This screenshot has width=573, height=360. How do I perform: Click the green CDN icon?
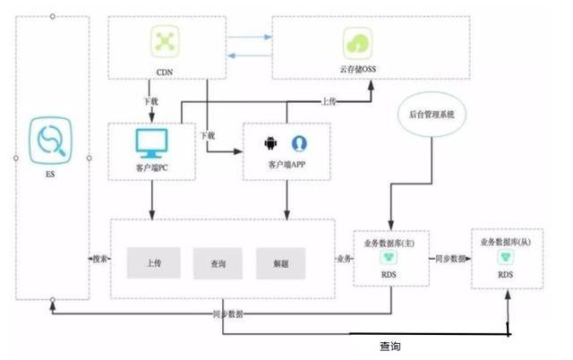[x=163, y=41]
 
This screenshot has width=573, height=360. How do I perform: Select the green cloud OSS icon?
[x=356, y=42]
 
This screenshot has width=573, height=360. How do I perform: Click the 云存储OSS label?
[x=356, y=68]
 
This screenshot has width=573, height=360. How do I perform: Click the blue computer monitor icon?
[x=152, y=142]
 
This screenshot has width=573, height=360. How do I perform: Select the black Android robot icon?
[x=270, y=143]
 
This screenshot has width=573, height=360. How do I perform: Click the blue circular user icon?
[x=298, y=143]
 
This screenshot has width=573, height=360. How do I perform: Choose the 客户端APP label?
[x=286, y=167]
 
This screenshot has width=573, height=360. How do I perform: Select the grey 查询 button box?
[x=218, y=263]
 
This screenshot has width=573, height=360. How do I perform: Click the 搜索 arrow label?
[x=100, y=259]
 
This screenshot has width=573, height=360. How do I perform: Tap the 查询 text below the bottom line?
[x=389, y=345]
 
